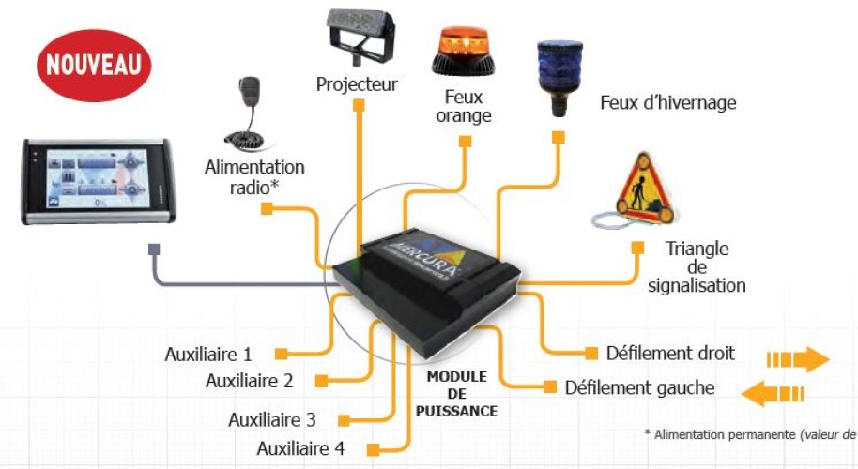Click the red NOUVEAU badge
pos(93,65)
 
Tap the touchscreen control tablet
pos(99,180)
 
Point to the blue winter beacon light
pos(558,75)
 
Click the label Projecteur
pos(357,85)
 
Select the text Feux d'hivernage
pos(667,102)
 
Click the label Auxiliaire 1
pos(208,355)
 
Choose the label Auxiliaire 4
pos(300,448)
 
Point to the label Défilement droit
pos(670,354)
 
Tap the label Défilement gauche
pos(640,387)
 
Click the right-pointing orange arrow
pos(797,358)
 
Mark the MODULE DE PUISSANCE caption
pos(456,393)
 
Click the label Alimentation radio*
pos(254,175)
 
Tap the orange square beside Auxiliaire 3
pos(345,420)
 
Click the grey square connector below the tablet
pos(153,250)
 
